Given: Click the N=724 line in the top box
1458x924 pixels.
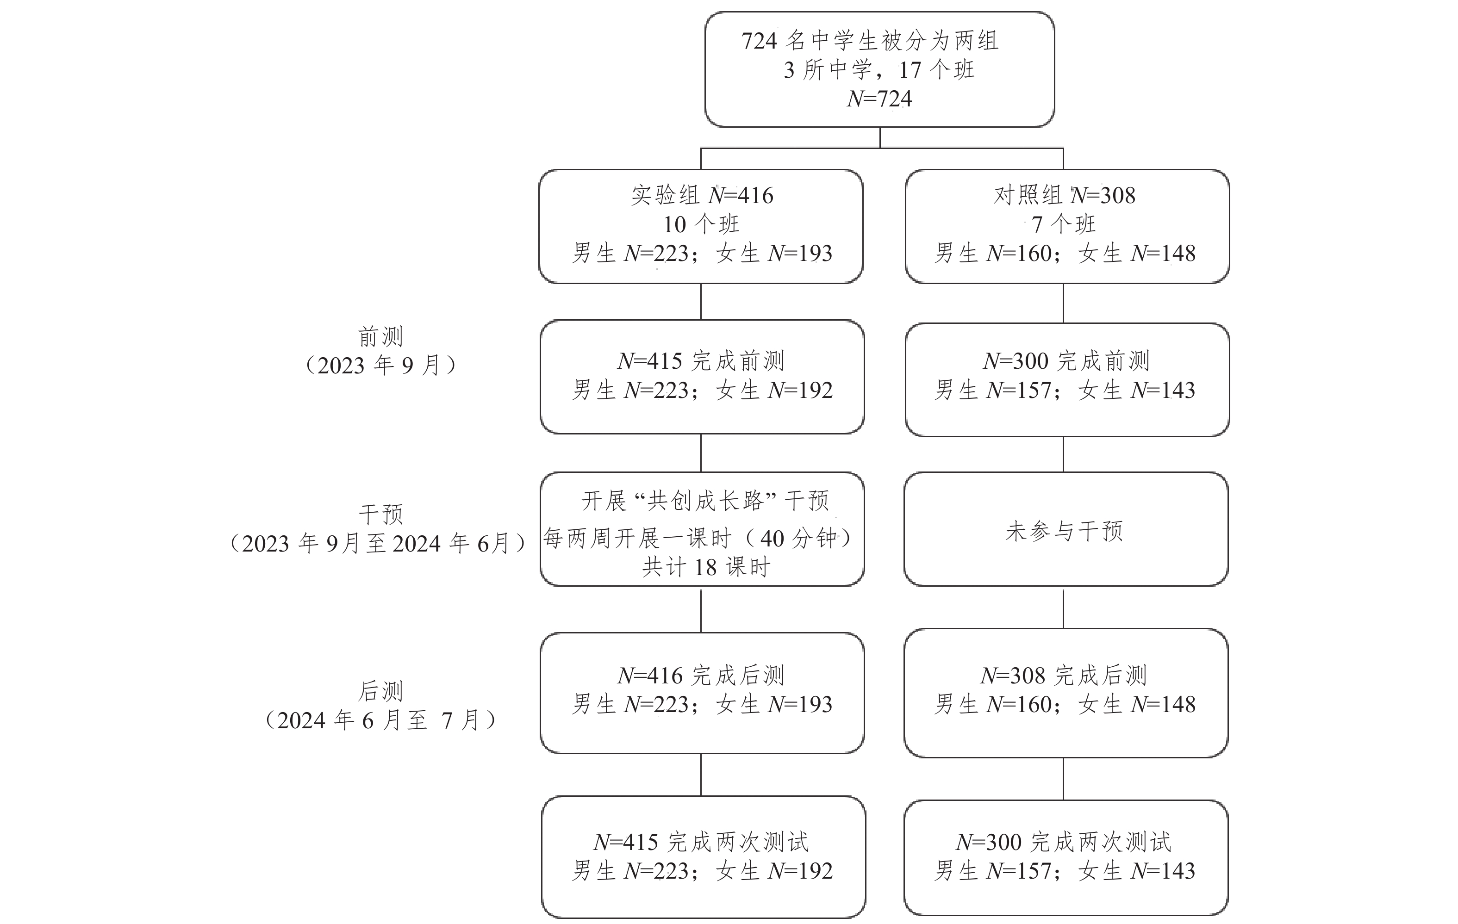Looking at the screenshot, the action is click(x=879, y=99).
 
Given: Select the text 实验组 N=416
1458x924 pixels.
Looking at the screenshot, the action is click(x=702, y=195).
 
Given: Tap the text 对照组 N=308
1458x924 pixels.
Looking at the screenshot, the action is click(x=1065, y=195).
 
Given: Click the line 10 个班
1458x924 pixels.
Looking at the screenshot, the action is click(x=701, y=224).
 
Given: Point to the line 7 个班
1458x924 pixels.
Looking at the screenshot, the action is click(x=1064, y=224).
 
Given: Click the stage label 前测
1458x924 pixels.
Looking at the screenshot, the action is click(x=380, y=336).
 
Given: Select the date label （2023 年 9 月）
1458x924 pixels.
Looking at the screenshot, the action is click(x=380, y=365).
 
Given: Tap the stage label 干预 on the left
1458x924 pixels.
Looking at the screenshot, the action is click(x=381, y=515).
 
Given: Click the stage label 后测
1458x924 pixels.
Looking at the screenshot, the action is click(x=380, y=690).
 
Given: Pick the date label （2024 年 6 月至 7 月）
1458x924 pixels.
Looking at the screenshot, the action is click(x=381, y=720).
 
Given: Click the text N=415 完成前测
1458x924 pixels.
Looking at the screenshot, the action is click(x=701, y=360).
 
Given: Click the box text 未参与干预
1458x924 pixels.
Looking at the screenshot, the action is click(x=1065, y=531).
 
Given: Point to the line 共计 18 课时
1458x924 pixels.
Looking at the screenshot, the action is click(x=706, y=567).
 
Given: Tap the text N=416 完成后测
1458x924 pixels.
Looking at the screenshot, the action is click(x=701, y=675).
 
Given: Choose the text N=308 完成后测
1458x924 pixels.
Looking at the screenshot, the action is click(x=1064, y=675).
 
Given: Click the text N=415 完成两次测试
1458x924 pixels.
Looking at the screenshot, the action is click(x=701, y=842).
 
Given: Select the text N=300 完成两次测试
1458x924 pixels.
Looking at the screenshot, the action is click(x=1064, y=842).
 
